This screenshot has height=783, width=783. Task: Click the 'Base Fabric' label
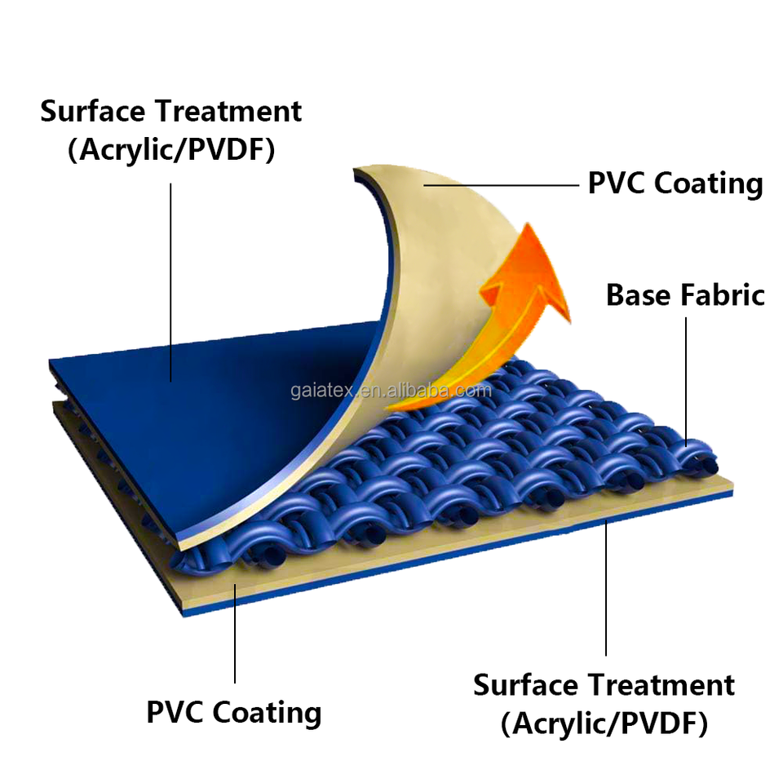tap(685, 294)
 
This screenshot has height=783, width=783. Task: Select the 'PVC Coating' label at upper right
tap(675, 183)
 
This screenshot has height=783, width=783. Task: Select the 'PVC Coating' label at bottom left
tap(234, 711)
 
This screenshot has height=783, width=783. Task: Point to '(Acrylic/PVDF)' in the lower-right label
tap(604, 723)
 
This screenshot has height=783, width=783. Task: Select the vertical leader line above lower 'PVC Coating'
tap(235, 636)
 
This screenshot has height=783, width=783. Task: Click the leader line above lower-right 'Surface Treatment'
tap(605, 587)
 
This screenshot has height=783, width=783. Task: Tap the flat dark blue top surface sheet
tap(204, 383)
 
